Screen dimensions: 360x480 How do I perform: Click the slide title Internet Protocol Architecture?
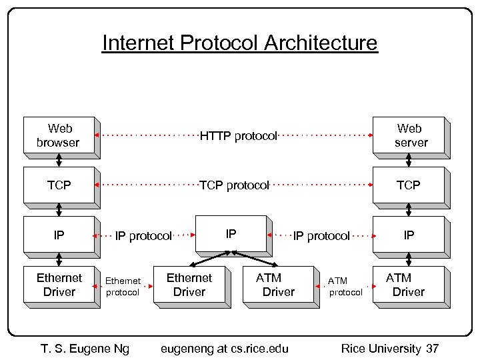click(x=239, y=43)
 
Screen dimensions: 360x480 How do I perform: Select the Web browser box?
click(x=59, y=135)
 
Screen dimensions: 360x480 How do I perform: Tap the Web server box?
click(x=409, y=135)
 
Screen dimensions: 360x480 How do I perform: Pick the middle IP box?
click(x=231, y=234)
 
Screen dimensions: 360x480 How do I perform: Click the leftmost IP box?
click(x=59, y=235)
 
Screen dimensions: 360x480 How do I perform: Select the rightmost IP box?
click(x=409, y=235)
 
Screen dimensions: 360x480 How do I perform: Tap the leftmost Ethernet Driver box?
click(x=59, y=285)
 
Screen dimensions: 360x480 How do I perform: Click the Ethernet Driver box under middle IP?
click(x=189, y=285)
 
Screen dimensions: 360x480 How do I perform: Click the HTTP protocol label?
click(x=239, y=136)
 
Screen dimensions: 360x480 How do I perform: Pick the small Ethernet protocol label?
click(x=123, y=287)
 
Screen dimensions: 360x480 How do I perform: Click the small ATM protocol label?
click(x=345, y=287)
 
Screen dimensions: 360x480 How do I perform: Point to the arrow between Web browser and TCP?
click(x=59, y=160)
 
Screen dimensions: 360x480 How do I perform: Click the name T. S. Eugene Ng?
click(x=85, y=348)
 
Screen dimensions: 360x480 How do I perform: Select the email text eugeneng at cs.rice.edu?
click(x=225, y=348)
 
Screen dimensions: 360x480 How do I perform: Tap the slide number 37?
click(x=432, y=348)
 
